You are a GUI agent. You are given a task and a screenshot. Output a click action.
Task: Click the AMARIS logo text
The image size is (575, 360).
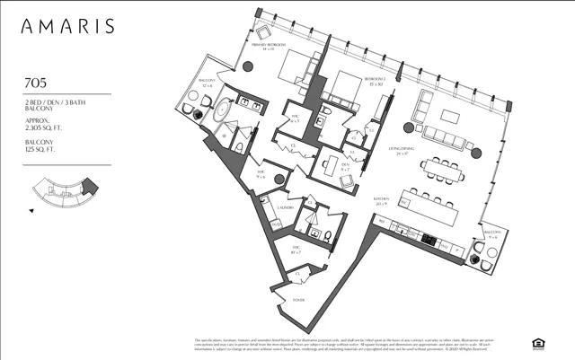click(70, 26)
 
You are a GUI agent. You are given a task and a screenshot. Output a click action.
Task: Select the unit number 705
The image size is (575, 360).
click(37, 83)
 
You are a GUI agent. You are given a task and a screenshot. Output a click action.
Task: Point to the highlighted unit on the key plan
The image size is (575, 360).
click(87, 186)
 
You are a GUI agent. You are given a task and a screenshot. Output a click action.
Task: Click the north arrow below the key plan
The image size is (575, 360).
click(33, 212)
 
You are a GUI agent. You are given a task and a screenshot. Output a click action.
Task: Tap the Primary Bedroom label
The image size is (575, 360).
click(268, 47)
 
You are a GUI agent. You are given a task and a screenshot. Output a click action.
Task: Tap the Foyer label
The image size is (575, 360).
click(299, 300)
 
